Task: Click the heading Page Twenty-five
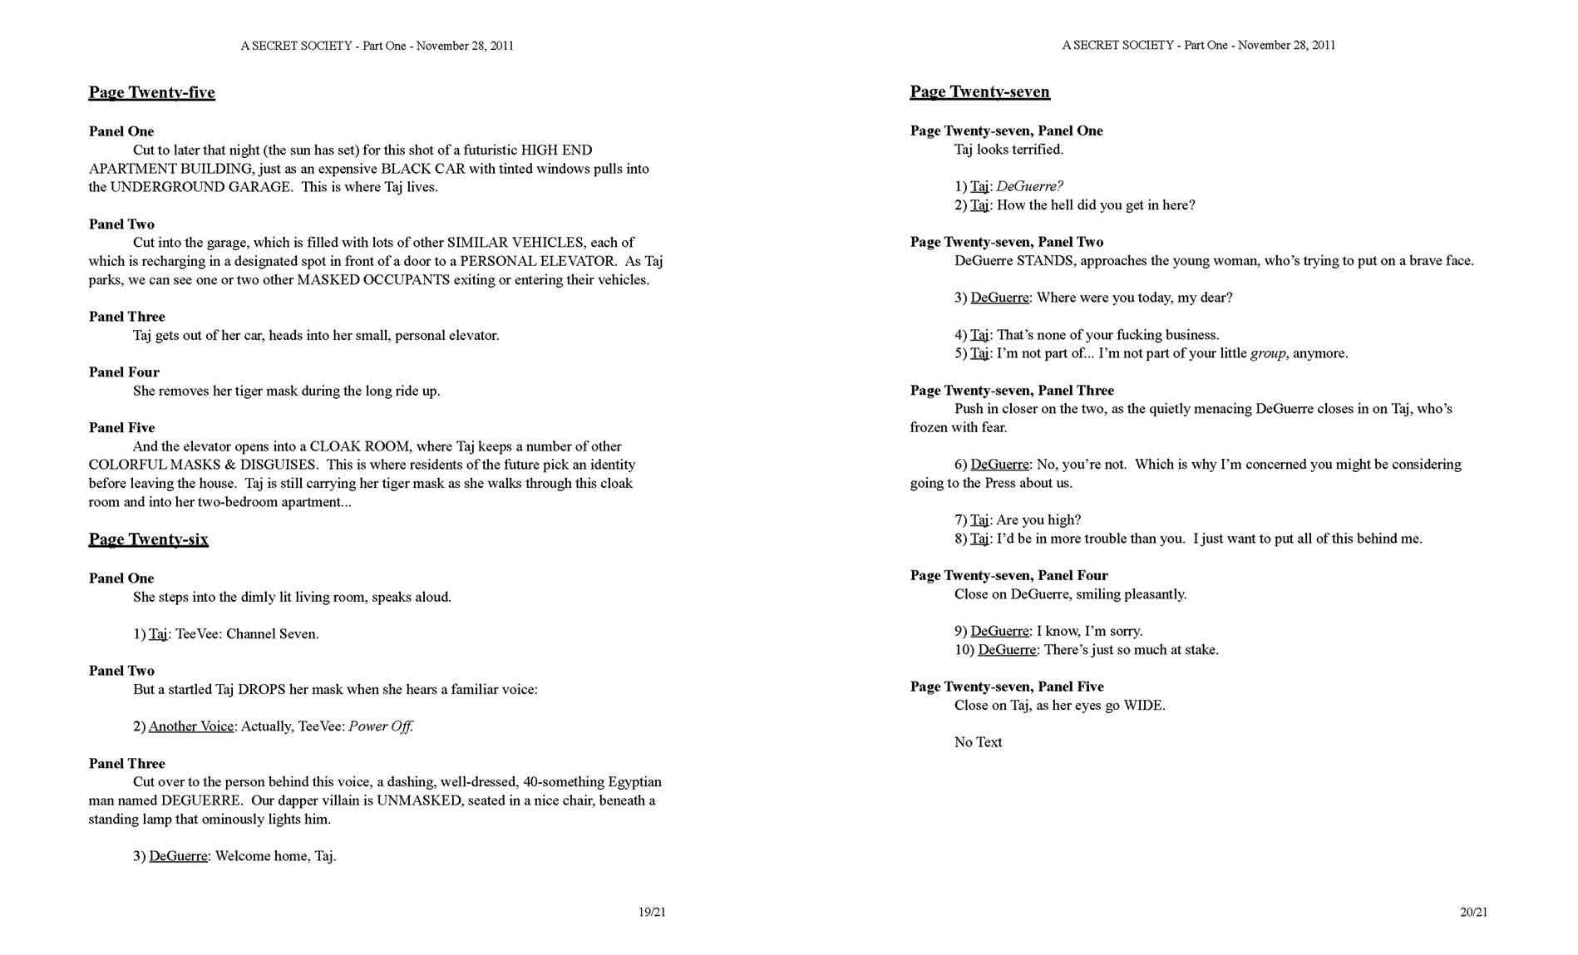[151, 92]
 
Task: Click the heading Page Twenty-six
[148, 539]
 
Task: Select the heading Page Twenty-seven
[979, 91]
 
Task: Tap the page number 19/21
[652, 912]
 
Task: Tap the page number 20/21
[1473, 912]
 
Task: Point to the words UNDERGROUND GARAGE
[201, 187]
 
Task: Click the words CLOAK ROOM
[362, 446]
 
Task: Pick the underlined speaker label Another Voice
[191, 726]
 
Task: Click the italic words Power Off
[381, 726]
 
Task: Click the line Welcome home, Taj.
[275, 856]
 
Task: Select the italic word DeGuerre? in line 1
[1029, 186]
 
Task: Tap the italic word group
[1268, 353]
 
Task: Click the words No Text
[978, 742]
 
